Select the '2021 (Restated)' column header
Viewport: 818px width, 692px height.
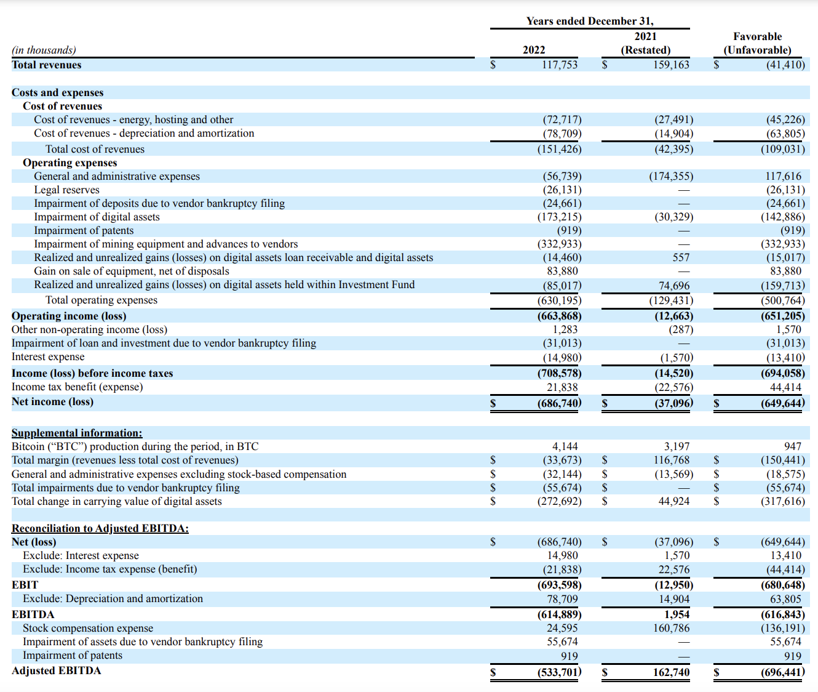(645, 44)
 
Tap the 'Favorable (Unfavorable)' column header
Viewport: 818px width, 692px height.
(757, 44)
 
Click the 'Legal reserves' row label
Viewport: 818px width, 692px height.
(66, 190)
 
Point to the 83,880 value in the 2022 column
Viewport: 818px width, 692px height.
(562, 271)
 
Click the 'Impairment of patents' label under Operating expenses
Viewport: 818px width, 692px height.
(84, 230)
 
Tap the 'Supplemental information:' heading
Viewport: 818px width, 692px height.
(77, 433)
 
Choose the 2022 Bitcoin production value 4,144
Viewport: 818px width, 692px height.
(565, 446)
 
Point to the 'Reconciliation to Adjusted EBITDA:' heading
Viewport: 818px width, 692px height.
(100, 528)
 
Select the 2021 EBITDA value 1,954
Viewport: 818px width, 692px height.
(677, 614)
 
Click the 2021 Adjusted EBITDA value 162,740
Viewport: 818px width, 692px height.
(671, 672)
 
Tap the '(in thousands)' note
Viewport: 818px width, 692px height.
(44, 50)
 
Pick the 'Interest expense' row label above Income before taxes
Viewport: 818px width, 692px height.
(48, 357)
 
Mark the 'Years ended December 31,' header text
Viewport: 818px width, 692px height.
(589, 21)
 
